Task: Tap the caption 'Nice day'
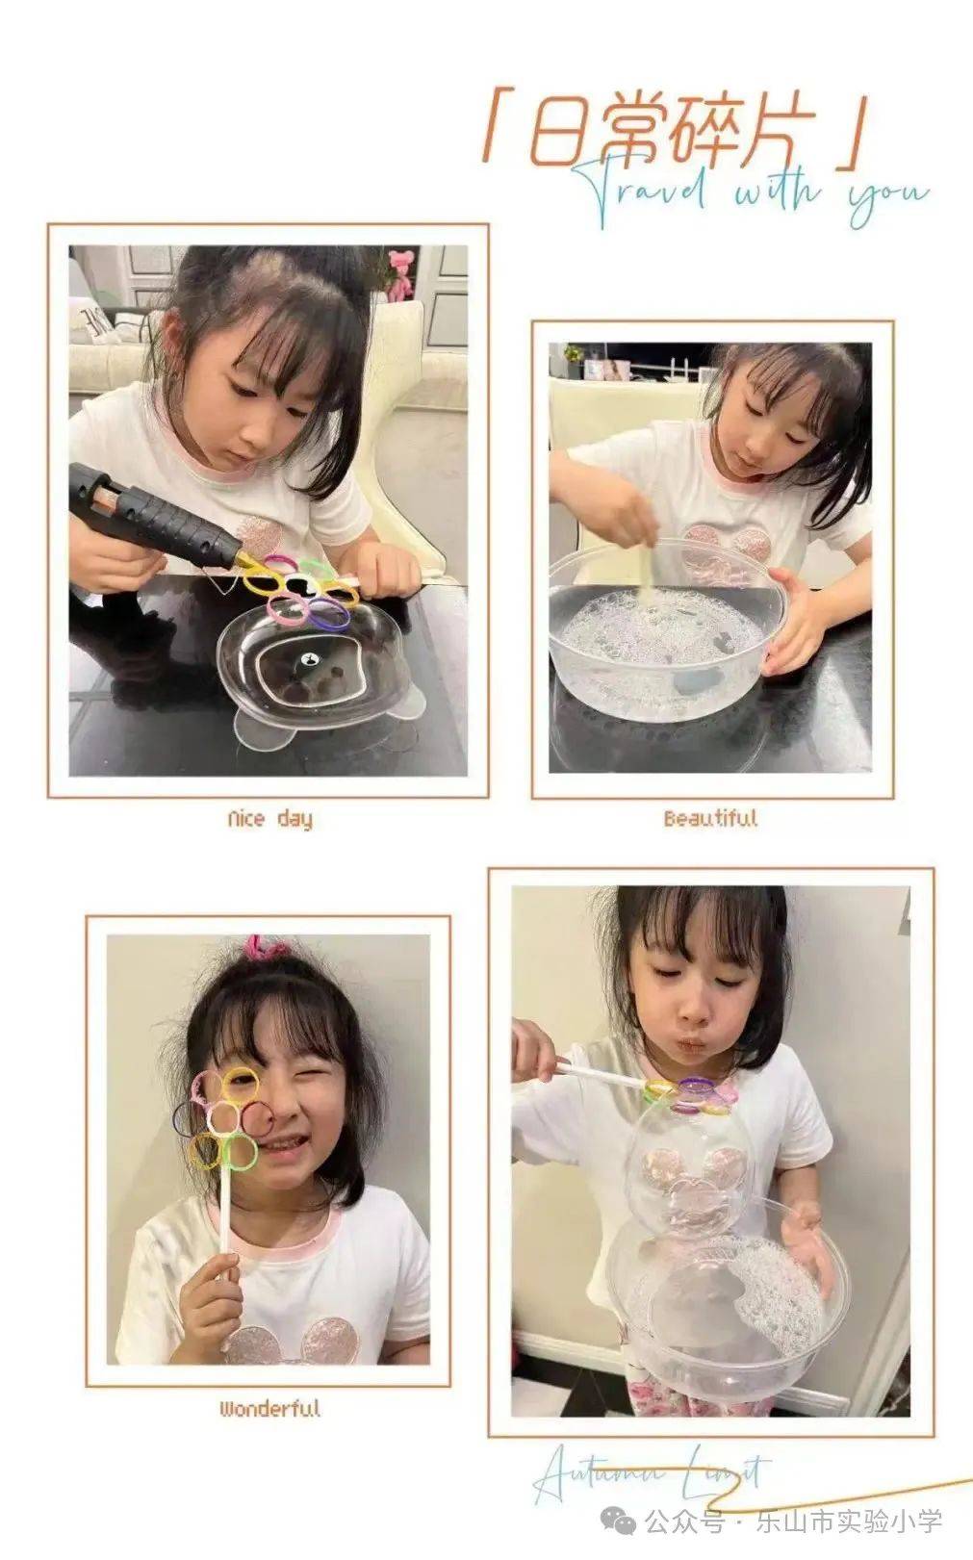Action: [269, 819]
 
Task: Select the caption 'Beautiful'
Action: [710, 819]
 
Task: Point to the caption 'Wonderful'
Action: [269, 1410]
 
